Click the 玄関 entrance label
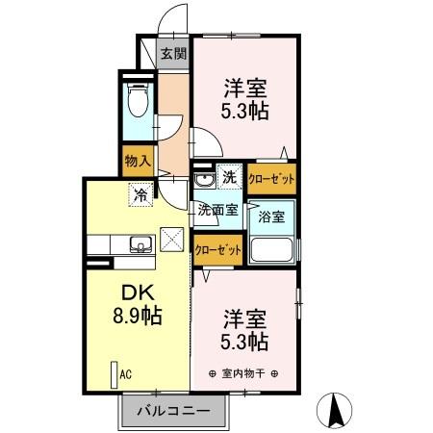point(172,54)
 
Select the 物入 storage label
point(137,160)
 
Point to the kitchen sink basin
point(141,245)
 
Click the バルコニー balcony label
point(173,410)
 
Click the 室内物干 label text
point(242,372)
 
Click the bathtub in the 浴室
point(272,252)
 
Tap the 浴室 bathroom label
point(270,217)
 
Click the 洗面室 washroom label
point(217,209)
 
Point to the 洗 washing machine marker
point(230,177)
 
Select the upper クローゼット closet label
point(270,178)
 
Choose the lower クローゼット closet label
point(216,249)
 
